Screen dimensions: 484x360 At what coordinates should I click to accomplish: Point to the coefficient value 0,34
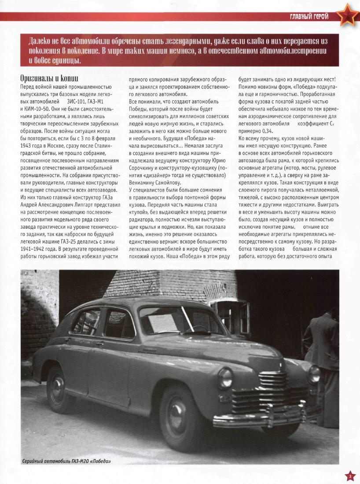(270, 131)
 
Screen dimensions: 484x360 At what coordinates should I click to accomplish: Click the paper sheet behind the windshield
(162, 323)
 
